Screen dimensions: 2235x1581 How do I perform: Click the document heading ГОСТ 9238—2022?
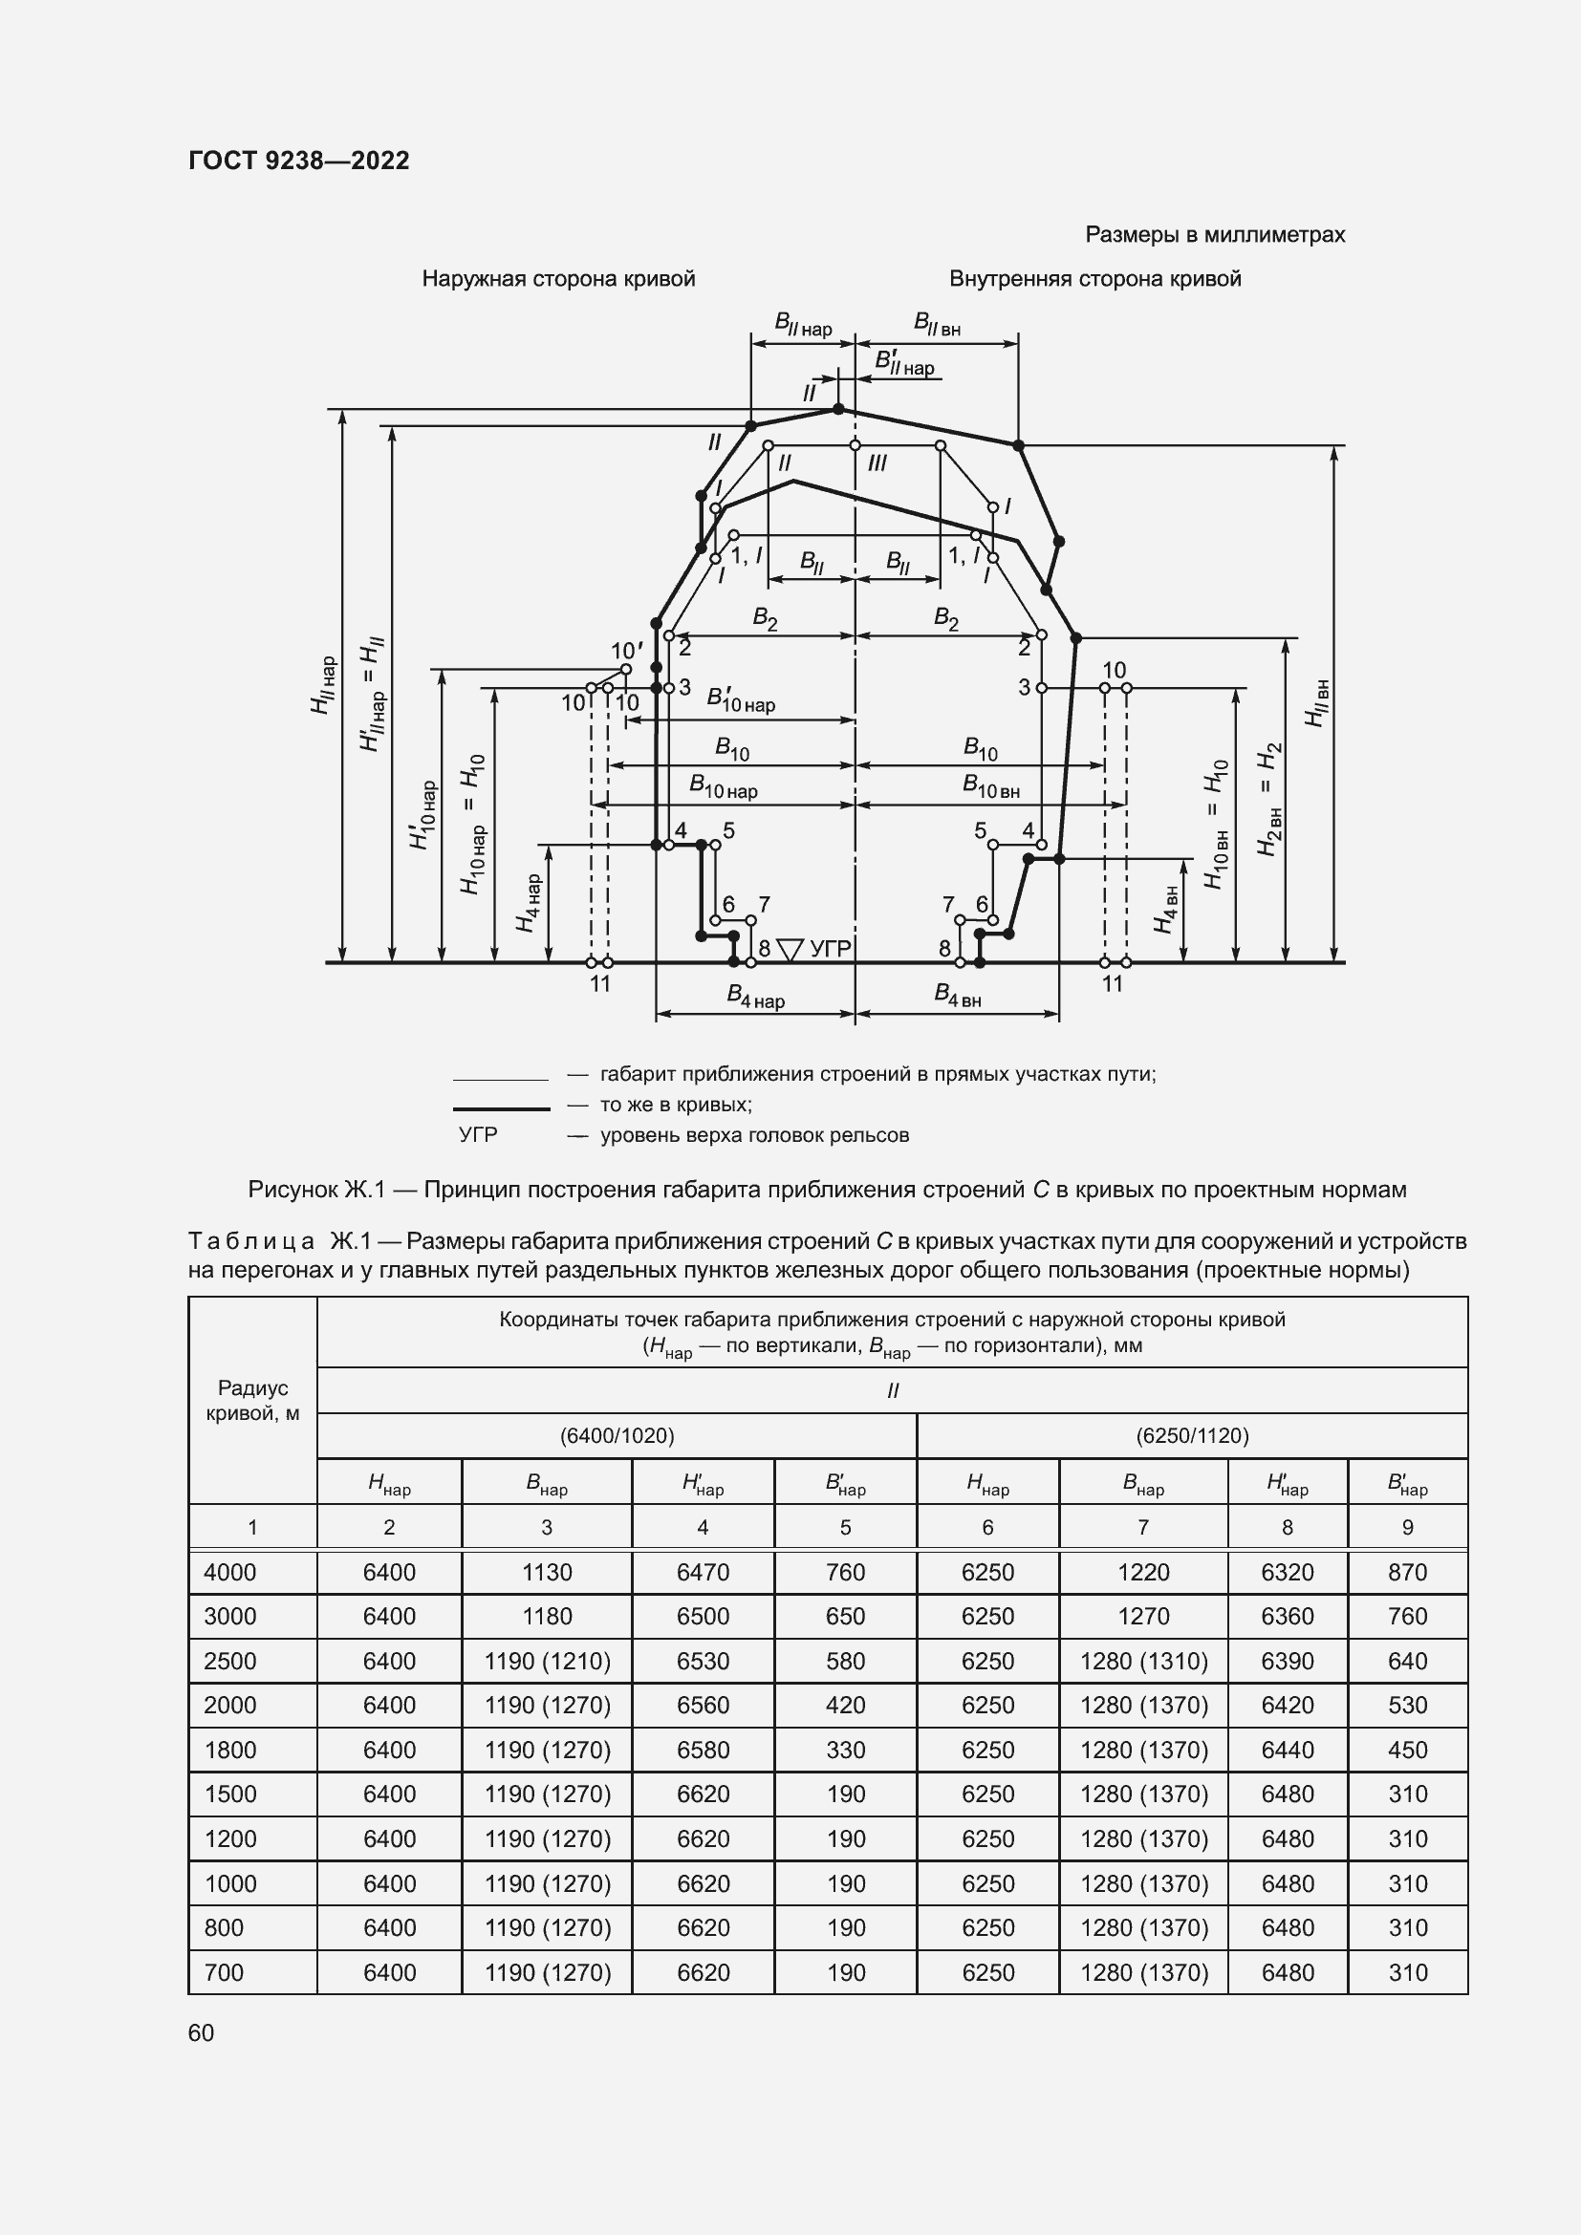pos(299,161)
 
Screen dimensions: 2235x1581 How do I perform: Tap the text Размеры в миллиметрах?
pos(1214,235)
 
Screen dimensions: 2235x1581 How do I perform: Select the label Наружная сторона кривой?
pos(558,279)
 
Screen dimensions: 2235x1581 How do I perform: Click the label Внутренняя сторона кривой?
pos(1094,279)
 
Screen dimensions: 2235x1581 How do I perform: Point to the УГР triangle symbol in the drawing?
pos(790,949)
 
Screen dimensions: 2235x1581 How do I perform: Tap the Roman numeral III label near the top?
pos(877,463)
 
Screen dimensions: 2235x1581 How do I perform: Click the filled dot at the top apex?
pos(838,409)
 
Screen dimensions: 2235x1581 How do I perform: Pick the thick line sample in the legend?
pos(502,1108)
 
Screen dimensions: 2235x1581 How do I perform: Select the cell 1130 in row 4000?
pos(546,1572)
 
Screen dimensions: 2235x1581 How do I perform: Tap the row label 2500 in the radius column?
pos(229,1662)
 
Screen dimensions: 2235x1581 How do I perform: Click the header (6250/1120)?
pos(1192,1436)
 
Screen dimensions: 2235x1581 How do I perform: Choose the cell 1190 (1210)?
pos(547,1662)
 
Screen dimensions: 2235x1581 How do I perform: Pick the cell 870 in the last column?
pos(1407,1572)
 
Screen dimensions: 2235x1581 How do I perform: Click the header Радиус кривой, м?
pos(252,1401)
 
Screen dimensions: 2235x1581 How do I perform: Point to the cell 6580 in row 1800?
pos(702,1751)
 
